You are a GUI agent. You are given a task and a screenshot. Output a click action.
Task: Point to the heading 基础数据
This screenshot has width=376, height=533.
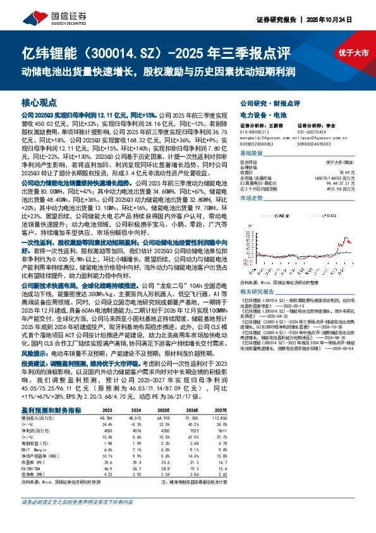tap(252, 154)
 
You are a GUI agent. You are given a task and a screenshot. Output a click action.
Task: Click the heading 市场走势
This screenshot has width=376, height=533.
tap(252, 198)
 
